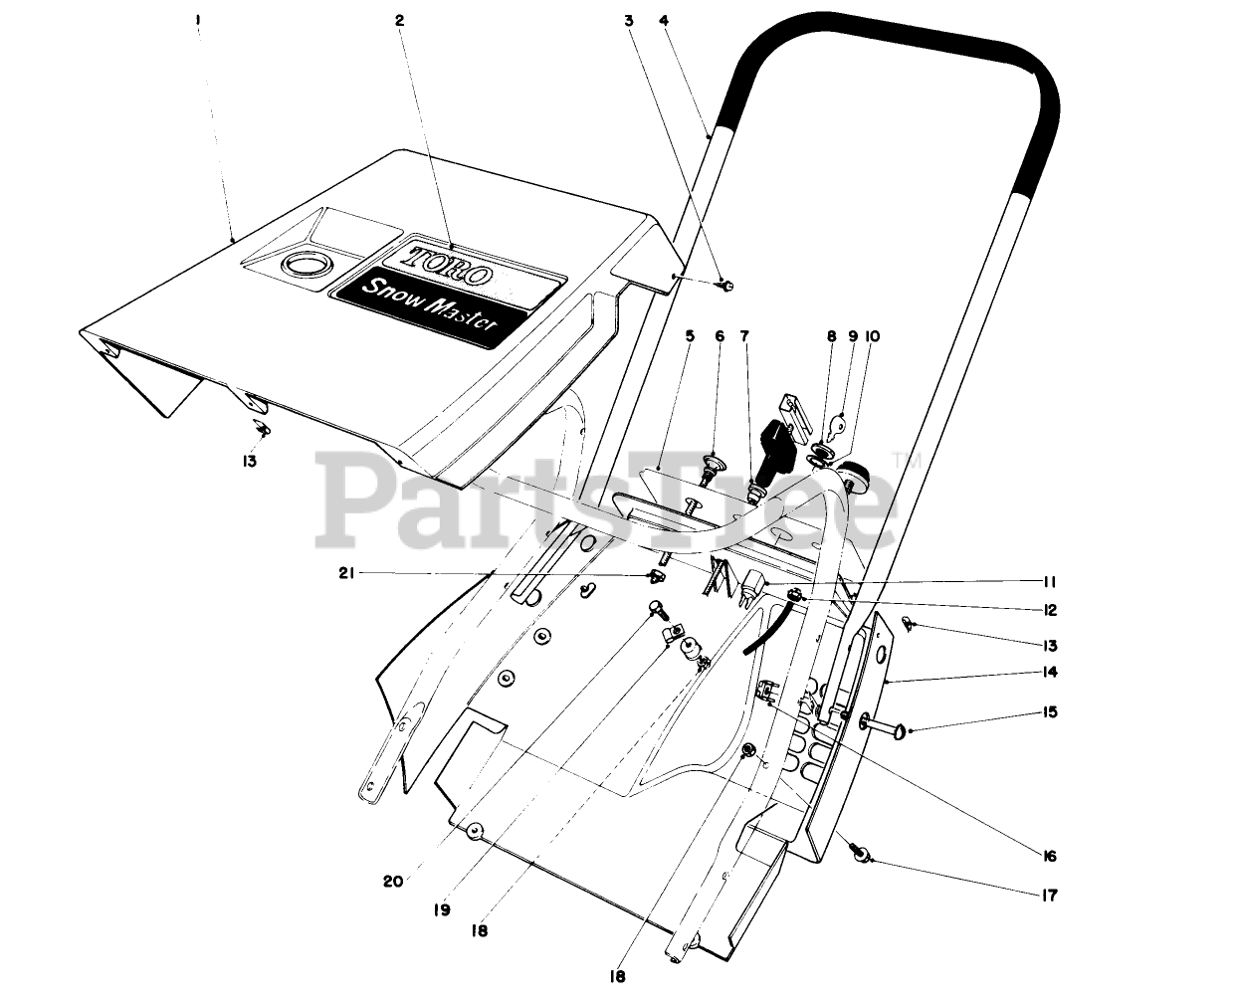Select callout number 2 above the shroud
(x=399, y=19)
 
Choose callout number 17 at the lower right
(x=1048, y=896)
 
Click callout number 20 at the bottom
(x=393, y=881)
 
